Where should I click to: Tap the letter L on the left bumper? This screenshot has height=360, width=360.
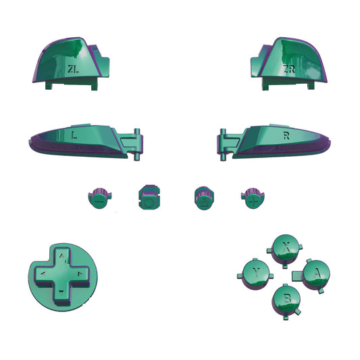coord(73,135)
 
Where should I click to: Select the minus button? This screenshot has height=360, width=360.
coord(99,198)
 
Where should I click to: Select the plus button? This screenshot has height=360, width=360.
coord(253,199)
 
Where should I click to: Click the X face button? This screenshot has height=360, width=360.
coord(286,248)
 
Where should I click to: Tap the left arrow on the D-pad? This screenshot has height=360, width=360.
coord(45,273)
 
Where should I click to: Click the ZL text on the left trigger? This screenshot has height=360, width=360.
coord(72,68)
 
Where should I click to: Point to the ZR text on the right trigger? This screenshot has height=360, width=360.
coord(289,69)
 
